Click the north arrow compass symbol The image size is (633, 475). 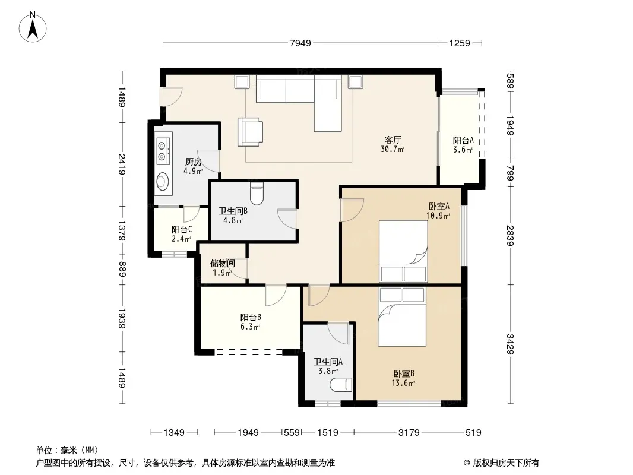tap(33, 27)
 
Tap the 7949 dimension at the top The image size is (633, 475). tap(300, 43)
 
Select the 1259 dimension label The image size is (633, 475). tap(460, 43)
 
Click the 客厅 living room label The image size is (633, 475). tap(393, 140)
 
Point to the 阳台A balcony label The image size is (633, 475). tap(463, 141)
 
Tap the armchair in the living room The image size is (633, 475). tap(250, 132)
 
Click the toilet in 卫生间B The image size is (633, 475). tap(257, 194)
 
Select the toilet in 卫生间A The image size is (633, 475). tap(341, 385)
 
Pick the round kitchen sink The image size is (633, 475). tap(163, 181)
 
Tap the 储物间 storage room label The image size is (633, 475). tap(223, 264)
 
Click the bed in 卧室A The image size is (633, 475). tap(403, 251)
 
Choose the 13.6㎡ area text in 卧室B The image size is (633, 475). tap(403, 383)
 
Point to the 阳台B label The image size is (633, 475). tap(251, 317)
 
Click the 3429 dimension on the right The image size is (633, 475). tap(510, 344)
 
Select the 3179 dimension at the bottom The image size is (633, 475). tap(409, 433)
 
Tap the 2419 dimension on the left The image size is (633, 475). tap(122, 164)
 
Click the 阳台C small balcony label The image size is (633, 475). tap(182, 229)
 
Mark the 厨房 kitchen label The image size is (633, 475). tap(194, 162)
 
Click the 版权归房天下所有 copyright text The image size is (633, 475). tap(506, 463)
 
